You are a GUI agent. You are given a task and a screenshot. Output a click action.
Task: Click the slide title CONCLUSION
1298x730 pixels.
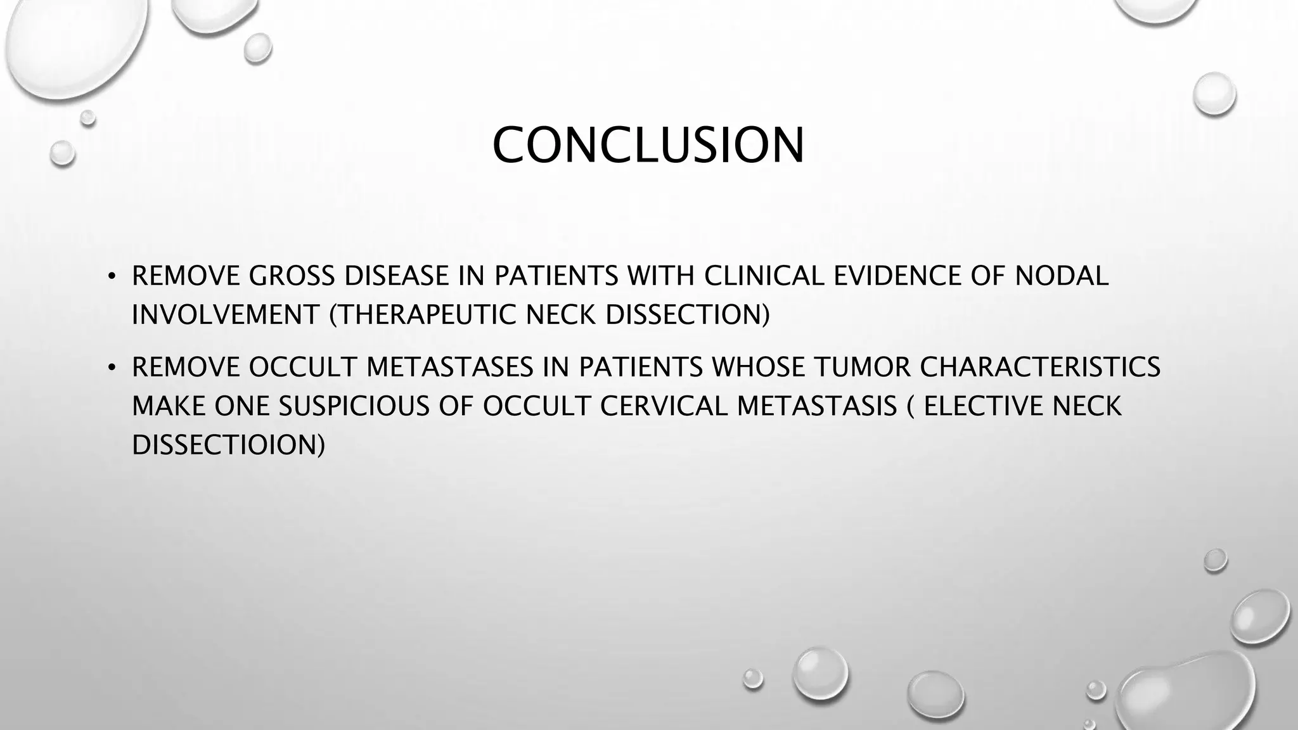pos(648,146)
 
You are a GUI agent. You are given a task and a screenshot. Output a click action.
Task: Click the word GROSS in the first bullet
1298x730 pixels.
pos(290,276)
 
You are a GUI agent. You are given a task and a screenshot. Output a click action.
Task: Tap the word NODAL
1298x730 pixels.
pos(1062,276)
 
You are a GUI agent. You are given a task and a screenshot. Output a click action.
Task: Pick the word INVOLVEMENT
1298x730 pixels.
pos(225,315)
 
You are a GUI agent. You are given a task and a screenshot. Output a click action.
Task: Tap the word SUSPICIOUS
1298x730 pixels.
pos(354,406)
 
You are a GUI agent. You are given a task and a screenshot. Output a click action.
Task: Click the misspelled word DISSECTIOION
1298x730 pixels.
pos(227,445)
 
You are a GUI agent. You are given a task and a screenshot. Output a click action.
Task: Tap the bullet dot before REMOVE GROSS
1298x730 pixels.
pos(112,277)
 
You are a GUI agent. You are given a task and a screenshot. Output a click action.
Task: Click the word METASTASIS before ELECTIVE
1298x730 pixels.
pos(817,406)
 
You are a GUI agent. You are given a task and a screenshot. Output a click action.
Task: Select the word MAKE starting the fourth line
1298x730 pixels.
pos(168,406)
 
